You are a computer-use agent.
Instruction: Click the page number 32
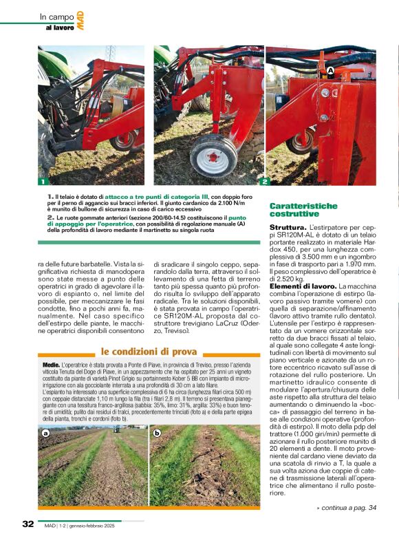point(28,524)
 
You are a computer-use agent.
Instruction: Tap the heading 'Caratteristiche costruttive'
point(303,210)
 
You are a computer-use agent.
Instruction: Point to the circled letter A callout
point(330,71)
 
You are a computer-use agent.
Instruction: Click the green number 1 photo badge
point(42,182)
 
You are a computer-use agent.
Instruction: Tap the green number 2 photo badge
point(264,182)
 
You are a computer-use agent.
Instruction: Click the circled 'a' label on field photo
point(45,434)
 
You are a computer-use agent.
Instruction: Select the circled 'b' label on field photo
point(158,434)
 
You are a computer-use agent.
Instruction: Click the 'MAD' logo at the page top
point(80,20)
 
